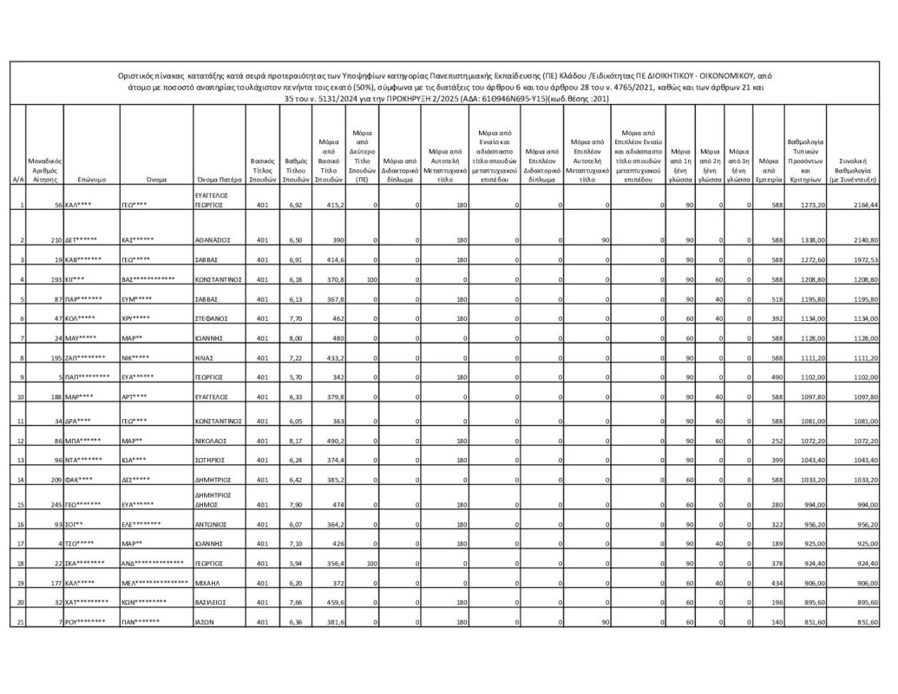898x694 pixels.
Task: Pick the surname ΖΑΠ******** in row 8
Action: [86, 357]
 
